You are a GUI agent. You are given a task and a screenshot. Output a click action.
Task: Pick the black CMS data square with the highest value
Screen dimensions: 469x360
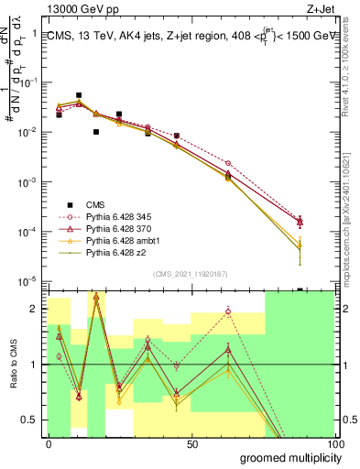(79, 95)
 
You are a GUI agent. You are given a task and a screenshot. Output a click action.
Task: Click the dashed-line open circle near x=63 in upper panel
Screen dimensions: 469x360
(228, 163)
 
